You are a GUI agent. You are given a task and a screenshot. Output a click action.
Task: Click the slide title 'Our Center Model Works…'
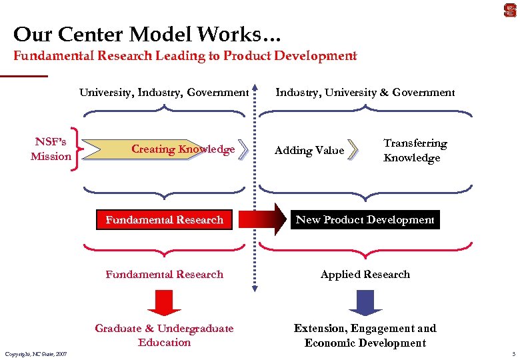point(143,34)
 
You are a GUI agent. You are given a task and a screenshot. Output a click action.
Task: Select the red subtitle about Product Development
point(185,56)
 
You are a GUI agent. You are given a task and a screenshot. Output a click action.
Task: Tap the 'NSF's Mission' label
point(51,149)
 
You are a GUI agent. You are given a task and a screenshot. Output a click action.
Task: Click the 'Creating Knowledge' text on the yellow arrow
point(183,149)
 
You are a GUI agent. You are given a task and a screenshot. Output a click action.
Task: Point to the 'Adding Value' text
point(309,151)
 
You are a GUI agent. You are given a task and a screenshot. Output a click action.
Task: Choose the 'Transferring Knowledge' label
point(415,151)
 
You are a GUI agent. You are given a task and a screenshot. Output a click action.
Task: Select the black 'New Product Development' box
point(365,220)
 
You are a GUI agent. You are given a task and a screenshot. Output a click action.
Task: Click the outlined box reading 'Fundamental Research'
point(164,220)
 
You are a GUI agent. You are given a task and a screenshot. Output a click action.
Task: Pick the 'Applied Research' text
point(365,275)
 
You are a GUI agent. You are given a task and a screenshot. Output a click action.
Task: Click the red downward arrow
point(164,302)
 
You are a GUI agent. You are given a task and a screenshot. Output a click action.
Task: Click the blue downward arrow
point(365,302)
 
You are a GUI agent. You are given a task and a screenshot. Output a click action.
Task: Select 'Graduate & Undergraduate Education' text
point(164,335)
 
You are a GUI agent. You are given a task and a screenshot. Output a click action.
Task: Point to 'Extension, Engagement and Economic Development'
point(365,335)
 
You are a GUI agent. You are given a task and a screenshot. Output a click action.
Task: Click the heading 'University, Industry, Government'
point(164,93)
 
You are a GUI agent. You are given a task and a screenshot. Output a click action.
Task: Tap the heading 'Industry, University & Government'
point(365,93)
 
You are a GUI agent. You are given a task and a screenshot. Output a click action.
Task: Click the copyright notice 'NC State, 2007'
point(35,353)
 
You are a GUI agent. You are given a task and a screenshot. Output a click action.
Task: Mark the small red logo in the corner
point(509,11)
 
